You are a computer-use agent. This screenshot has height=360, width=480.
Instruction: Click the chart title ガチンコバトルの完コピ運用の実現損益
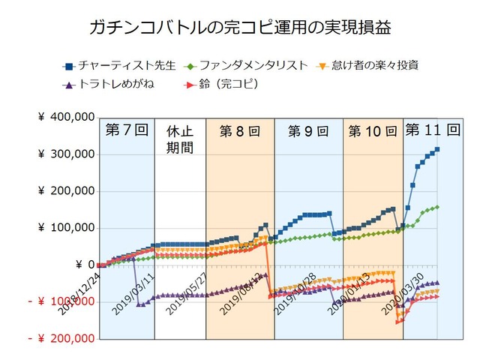pos(240,28)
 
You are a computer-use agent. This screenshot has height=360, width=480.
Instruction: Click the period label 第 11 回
pos(432,129)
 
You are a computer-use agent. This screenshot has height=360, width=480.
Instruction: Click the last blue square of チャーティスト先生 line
pos(437,149)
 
